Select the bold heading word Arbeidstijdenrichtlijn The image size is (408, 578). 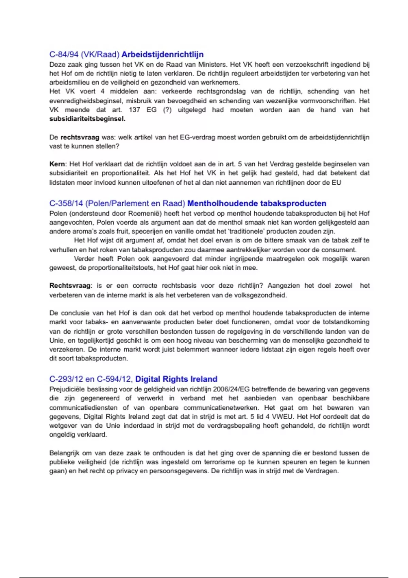[x=163, y=54]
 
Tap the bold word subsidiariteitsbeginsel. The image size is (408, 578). [x=87, y=119]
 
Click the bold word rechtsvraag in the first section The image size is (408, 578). [x=80, y=137]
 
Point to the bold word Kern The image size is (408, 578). [x=57, y=164]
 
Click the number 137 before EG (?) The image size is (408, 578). [x=134, y=110]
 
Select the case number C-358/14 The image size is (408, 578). [x=66, y=203]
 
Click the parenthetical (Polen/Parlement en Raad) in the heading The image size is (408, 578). [x=135, y=203]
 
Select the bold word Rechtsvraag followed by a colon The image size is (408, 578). [x=70, y=286]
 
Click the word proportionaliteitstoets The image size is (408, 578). [x=120, y=268]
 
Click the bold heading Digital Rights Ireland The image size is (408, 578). [x=176, y=379]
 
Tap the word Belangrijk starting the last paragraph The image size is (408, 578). [x=64, y=453]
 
